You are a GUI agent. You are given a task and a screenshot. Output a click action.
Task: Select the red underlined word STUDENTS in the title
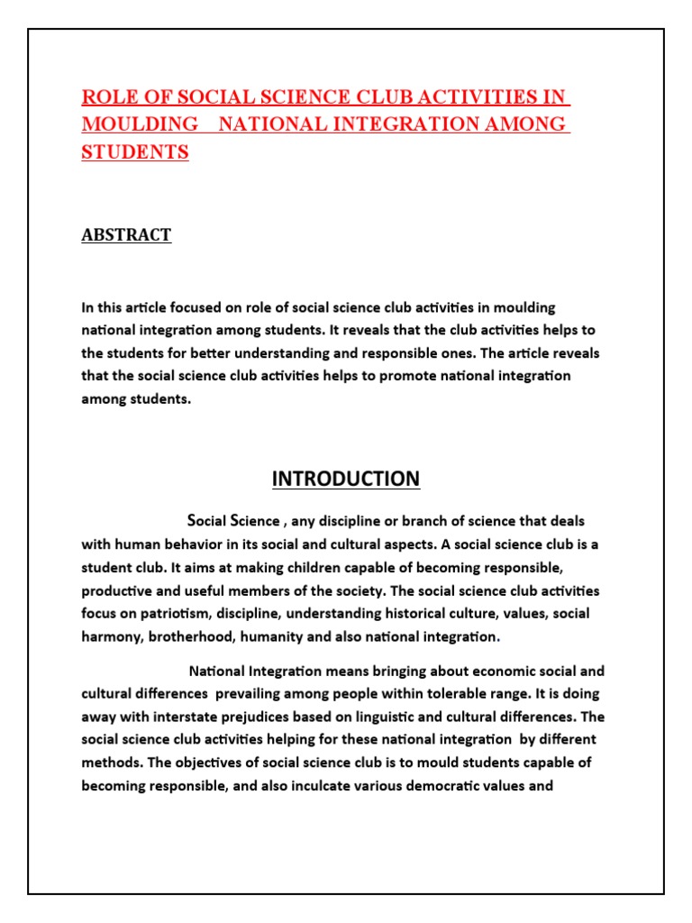coord(135,152)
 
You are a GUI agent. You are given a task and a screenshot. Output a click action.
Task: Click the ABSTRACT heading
coord(126,235)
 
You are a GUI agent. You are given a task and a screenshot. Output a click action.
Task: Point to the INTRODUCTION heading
coord(346,479)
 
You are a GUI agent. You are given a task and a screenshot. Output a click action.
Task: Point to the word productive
coord(118,591)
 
